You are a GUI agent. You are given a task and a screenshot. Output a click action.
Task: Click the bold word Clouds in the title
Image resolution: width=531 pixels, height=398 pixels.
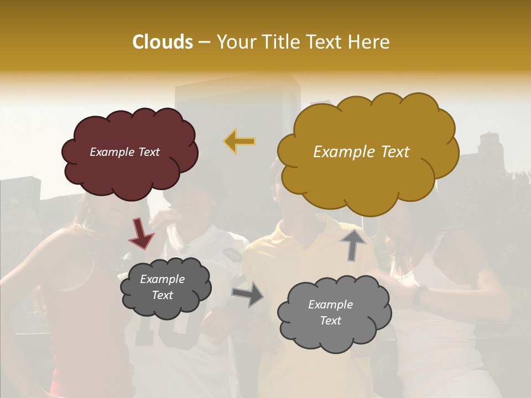pos(162,42)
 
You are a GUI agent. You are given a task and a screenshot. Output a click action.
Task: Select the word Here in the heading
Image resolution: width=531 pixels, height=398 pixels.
pos(369,42)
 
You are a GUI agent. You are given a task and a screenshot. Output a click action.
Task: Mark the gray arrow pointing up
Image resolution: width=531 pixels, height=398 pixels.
pos(354,243)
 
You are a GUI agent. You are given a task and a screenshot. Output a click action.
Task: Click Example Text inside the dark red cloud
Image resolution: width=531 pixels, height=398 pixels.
pos(125,152)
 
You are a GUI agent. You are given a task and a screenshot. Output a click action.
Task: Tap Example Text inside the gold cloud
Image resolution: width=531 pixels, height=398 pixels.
pos(361,152)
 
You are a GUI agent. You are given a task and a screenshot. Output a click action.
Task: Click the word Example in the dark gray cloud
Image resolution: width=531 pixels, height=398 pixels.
pos(162,279)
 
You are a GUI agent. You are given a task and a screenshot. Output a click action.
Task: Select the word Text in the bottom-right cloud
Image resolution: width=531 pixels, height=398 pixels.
pos(330,321)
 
